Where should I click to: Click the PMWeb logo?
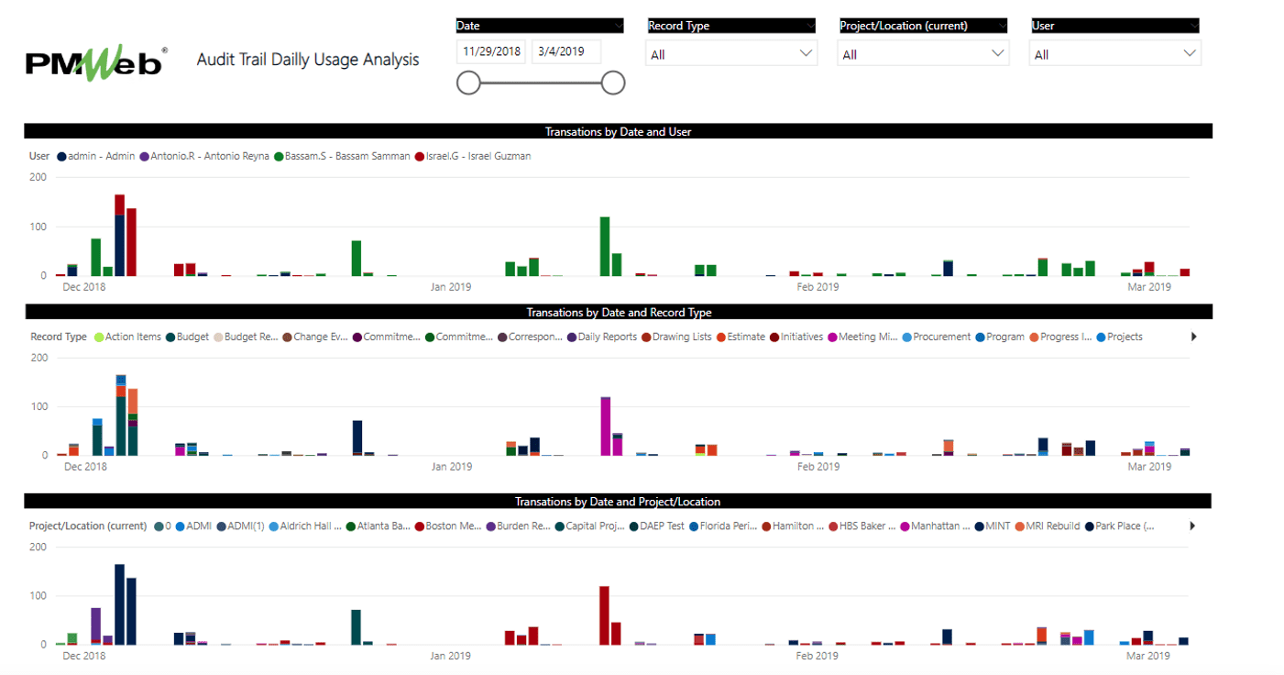pyautogui.click(x=95, y=61)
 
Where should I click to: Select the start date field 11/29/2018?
pyautogui.click(x=490, y=51)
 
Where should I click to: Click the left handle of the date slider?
pyautogui.click(x=468, y=83)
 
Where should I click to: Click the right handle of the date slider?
pyautogui.click(x=613, y=83)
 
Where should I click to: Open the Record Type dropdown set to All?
pyautogui.click(x=730, y=54)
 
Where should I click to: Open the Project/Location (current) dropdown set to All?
pyautogui.click(x=923, y=54)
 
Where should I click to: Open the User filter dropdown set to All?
pyautogui.click(x=1114, y=54)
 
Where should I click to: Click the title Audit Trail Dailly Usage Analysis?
pyautogui.click(x=308, y=60)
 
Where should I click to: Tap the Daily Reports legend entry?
pyautogui.click(x=607, y=337)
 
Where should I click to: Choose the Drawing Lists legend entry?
pyautogui.click(x=681, y=337)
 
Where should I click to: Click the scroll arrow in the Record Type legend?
pyautogui.click(x=1193, y=337)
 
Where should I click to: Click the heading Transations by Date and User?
pyautogui.click(x=618, y=131)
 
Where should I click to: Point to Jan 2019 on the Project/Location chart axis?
pyautogui.click(x=451, y=656)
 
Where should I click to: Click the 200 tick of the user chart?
pyautogui.click(x=38, y=177)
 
